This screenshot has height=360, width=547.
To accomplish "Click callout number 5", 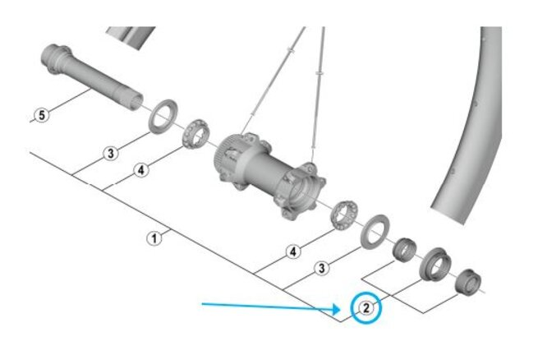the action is click(42, 115).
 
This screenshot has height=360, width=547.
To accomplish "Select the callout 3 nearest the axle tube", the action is click(111, 154).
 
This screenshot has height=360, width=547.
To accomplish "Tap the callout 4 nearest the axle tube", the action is click(141, 170).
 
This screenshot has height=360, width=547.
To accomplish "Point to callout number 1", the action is click(154, 239).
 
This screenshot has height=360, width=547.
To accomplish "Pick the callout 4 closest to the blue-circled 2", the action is click(293, 252).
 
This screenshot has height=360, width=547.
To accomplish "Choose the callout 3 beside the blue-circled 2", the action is click(322, 268).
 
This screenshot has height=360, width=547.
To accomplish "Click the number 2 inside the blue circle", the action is click(366, 308).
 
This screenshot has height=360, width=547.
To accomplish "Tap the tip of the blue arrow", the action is click(340, 309).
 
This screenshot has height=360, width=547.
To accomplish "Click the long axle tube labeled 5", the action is click(91, 76).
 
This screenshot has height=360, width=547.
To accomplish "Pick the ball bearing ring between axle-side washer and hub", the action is click(195, 134).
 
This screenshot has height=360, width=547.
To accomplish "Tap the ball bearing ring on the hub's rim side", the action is click(344, 215).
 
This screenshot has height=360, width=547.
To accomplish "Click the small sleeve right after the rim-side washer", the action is click(405, 249).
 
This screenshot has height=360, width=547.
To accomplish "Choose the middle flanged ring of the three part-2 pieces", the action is click(435, 264).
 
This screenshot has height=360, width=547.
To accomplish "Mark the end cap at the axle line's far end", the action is click(468, 282).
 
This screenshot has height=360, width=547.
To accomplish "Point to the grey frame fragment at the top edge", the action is click(131, 36).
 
